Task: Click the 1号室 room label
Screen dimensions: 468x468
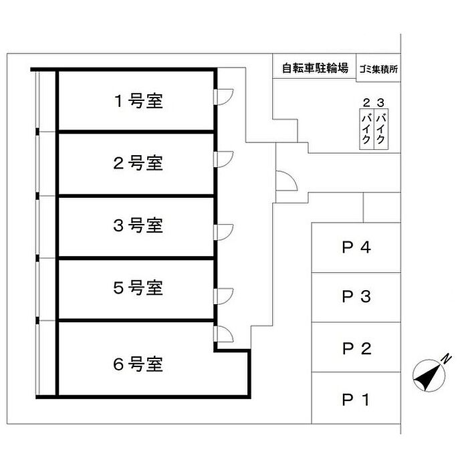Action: [138, 102]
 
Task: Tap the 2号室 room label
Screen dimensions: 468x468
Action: [138, 162]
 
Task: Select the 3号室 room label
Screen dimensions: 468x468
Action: [138, 225]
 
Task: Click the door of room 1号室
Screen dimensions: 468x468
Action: [223, 98]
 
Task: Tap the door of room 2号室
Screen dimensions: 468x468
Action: [223, 158]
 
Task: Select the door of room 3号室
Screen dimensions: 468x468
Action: [223, 231]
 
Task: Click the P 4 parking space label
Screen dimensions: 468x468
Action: [356, 247]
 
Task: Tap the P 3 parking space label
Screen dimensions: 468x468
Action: [356, 297]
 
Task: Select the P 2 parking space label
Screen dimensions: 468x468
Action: [356, 348]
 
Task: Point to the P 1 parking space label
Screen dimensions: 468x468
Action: [356, 400]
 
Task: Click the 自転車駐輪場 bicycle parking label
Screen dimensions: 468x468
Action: [314, 68]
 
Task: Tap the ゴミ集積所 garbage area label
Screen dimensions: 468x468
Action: [378, 68]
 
